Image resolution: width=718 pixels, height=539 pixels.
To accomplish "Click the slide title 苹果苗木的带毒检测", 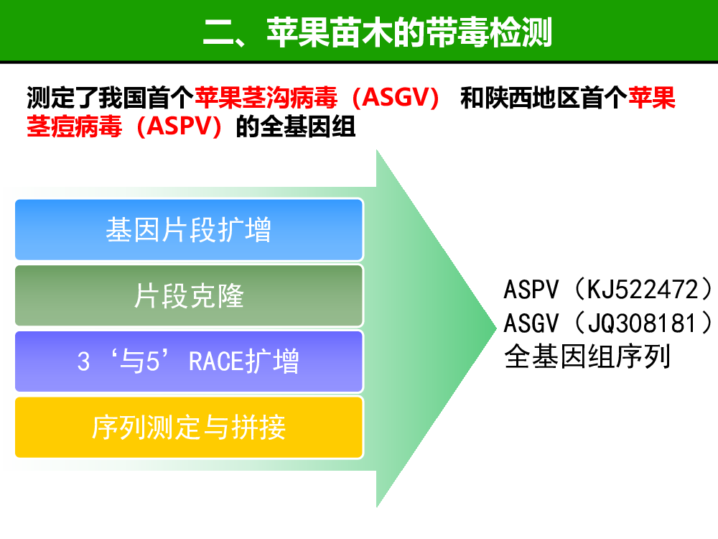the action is (x=409, y=32).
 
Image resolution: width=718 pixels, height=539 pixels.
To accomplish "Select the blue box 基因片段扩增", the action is (x=189, y=229).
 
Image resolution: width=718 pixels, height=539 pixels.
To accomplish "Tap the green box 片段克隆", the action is (x=189, y=295).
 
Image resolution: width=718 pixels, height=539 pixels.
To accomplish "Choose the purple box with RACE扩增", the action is (x=189, y=361).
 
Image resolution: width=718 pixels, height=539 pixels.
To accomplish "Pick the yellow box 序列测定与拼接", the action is (x=189, y=427).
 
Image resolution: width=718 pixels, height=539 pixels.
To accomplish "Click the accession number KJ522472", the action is (x=643, y=290).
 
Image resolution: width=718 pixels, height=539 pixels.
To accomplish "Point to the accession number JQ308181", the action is (x=642, y=323).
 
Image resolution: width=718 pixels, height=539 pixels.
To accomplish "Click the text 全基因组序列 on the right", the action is (x=587, y=356).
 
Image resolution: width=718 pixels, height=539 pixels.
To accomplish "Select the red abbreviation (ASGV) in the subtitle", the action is (x=396, y=98).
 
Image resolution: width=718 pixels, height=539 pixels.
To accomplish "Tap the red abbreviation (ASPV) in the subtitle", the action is (x=179, y=126).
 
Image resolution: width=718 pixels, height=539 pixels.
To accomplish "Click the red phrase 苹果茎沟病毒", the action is (x=266, y=98).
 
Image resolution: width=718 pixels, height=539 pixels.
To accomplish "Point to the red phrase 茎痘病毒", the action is (x=74, y=126).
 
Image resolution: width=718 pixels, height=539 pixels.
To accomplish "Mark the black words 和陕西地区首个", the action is (x=544, y=98).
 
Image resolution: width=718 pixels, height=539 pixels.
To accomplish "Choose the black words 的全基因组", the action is (x=296, y=126).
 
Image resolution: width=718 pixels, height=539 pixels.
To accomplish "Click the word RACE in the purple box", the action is (x=215, y=361).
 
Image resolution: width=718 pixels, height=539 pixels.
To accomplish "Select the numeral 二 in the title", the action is (x=219, y=33).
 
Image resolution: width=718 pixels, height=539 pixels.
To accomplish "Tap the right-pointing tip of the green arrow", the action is (x=496, y=328).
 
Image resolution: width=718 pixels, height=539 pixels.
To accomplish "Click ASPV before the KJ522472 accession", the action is (x=531, y=290).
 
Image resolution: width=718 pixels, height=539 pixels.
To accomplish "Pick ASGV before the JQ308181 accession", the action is (x=531, y=323).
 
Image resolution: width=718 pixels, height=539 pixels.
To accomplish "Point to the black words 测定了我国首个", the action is (x=111, y=98).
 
